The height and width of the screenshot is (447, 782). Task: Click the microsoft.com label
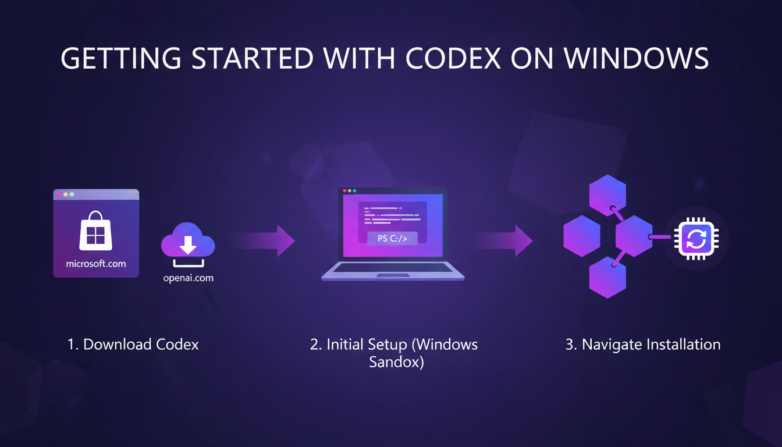click(x=96, y=264)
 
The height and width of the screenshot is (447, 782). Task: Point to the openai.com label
click(x=188, y=278)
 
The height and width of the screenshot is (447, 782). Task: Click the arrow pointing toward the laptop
click(x=265, y=240)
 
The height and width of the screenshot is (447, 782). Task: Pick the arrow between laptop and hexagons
click(x=503, y=240)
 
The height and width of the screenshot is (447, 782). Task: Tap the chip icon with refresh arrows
click(x=696, y=238)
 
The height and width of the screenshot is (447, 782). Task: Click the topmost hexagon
click(x=607, y=194)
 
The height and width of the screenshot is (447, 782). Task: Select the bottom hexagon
click(x=607, y=278)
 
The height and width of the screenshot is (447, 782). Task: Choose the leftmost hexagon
click(x=582, y=236)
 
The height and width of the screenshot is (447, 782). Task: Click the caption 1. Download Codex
click(x=133, y=345)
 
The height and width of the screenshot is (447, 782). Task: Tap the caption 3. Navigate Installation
click(x=643, y=345)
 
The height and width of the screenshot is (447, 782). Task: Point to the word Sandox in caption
click(x=396, y=363)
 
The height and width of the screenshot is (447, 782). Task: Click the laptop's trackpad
click(x=392, y=274)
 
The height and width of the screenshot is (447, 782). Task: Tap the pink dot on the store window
click(x=59, y=194)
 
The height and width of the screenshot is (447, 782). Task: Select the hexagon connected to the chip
click(x=634, y=236)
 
